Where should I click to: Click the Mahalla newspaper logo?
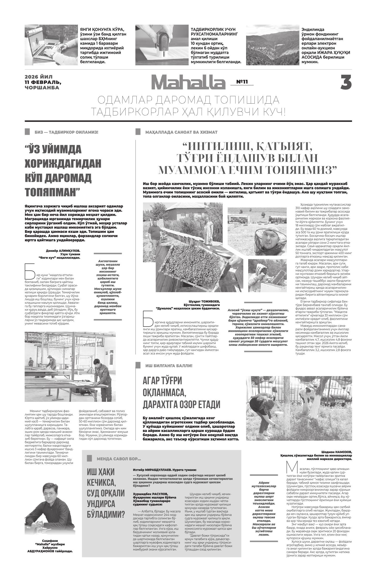tap(188, 82)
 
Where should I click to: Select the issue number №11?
tap(242, 82)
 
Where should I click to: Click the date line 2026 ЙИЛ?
tap(39, 77)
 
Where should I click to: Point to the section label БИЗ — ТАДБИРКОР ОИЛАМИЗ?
tap(66, 132)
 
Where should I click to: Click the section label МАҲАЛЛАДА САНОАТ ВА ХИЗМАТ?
tap(181, 132)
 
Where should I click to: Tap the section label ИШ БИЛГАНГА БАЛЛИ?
tap(169, 366)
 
